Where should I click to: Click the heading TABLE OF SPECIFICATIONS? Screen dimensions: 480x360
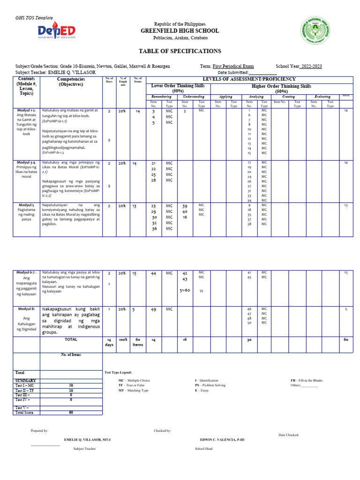[180, 51]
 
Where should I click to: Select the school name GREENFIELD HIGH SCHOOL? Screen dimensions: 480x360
[180, 31]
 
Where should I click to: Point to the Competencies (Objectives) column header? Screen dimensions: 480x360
[70, 82]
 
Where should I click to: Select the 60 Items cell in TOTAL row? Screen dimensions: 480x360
[138, 342]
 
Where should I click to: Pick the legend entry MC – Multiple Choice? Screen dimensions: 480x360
[134, 380]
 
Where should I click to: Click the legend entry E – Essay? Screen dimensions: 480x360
[202, 390]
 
